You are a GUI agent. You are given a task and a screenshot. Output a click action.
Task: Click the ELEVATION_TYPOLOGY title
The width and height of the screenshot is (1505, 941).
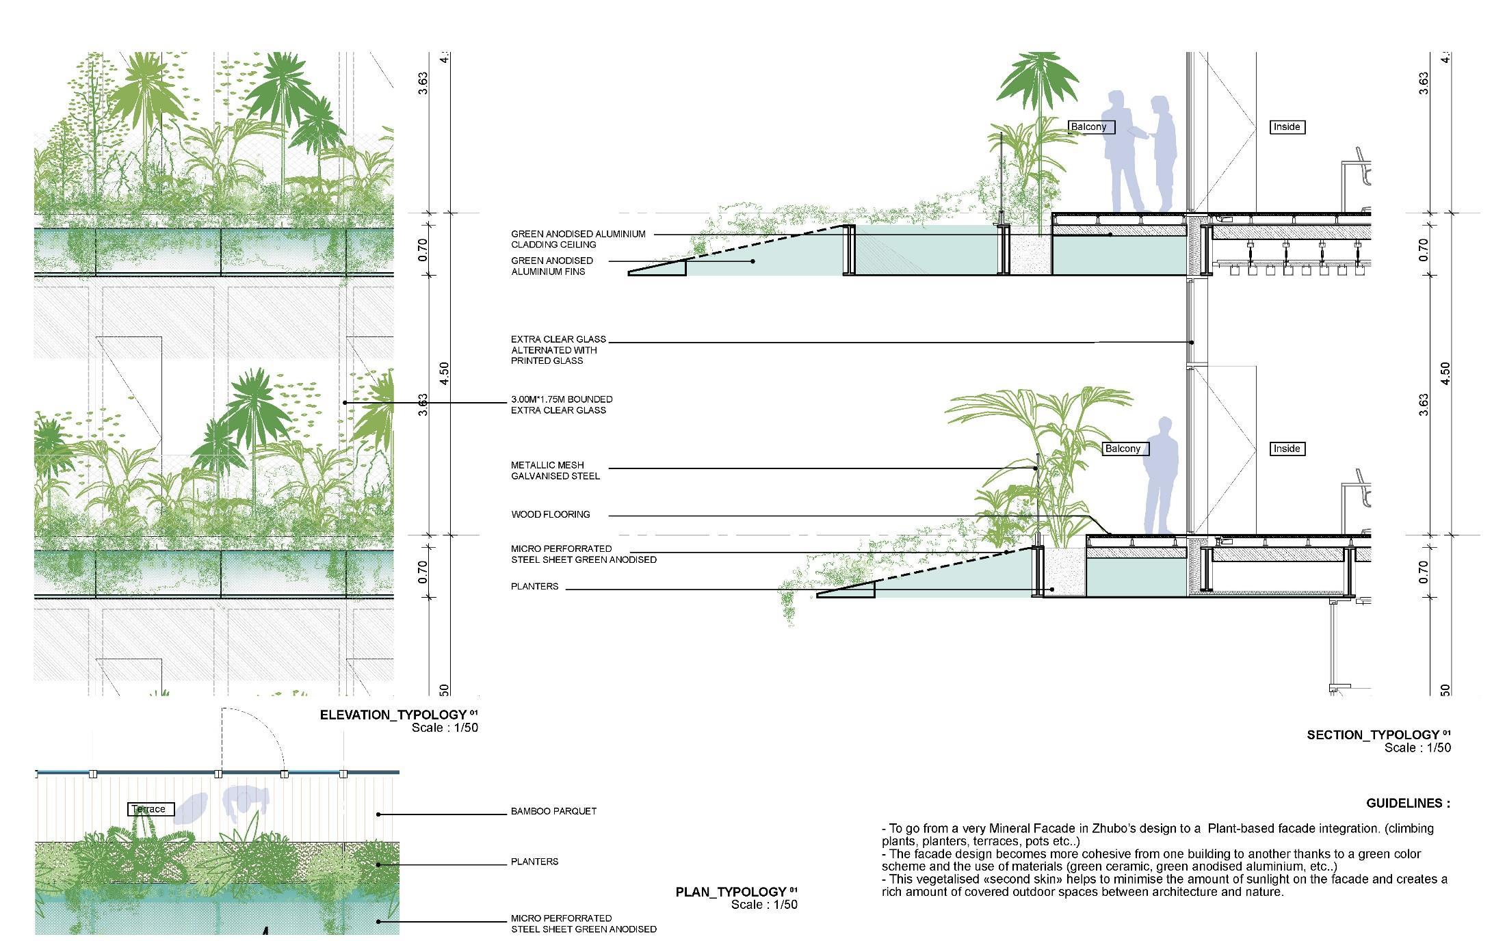coord(393,715)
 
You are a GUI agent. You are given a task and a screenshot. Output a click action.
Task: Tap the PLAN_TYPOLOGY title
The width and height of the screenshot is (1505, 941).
coord(731,892)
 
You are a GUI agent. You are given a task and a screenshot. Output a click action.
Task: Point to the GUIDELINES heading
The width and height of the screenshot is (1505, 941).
coord(1408,804)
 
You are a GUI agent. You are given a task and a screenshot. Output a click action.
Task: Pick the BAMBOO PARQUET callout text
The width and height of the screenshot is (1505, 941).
coord(553,811)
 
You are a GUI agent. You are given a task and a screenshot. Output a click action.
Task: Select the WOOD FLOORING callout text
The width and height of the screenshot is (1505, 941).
coord(550,514)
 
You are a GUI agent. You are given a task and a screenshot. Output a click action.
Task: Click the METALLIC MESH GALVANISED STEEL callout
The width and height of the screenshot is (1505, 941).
coord(555,471)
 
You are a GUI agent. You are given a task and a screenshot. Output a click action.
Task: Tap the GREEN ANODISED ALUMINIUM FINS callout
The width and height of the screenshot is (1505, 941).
coord(551,266)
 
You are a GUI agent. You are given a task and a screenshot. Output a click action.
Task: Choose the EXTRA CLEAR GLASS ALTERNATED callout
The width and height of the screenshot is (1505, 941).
coord(558,349)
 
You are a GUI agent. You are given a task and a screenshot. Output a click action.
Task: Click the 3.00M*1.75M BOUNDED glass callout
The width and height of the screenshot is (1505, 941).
coord(562,404)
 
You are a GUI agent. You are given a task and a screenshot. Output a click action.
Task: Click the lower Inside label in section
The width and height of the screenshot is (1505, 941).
coord(1286,449)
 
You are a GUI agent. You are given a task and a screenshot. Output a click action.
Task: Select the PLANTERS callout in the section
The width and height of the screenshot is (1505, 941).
coord(534,586)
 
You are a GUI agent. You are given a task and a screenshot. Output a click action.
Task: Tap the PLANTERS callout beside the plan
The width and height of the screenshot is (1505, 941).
coord(534,862)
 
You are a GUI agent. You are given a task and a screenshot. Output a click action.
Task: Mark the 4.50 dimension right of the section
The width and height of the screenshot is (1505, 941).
coord(1445,373)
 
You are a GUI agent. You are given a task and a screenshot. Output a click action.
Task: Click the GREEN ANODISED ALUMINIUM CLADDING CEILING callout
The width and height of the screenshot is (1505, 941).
coord(577,239)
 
